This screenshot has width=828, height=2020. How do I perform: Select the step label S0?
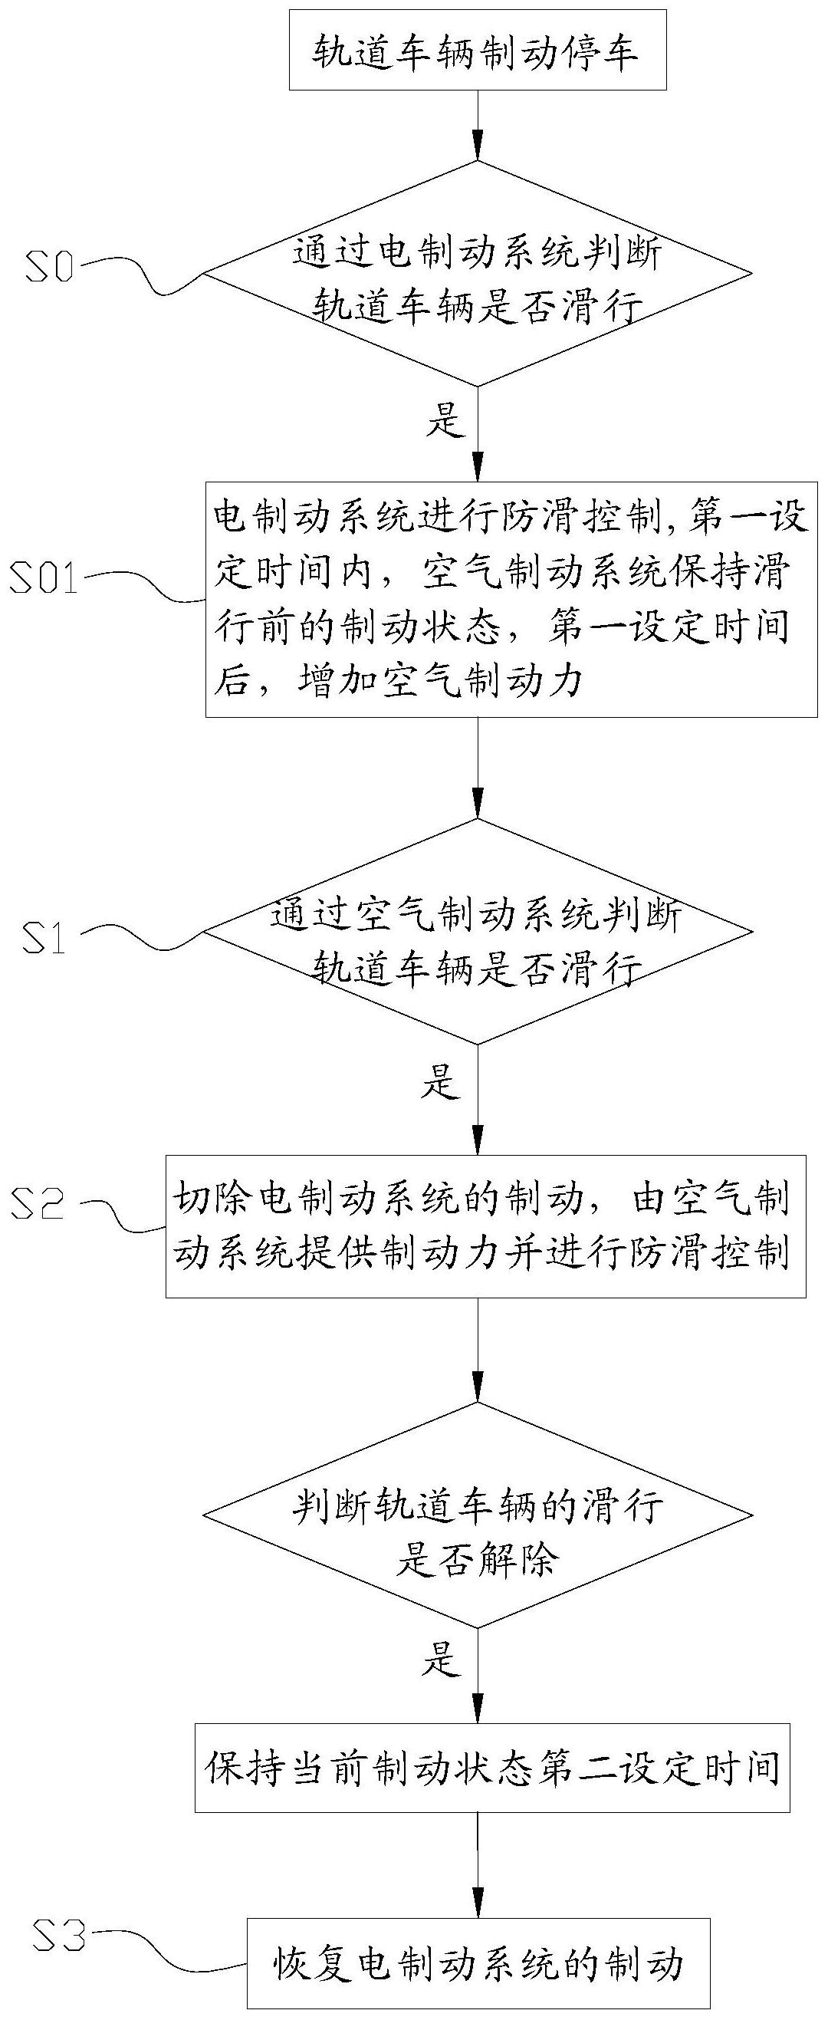(x=49, y=268)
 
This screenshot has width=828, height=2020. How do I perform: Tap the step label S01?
(x=44, y=578)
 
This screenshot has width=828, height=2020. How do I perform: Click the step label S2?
(x=38, y=1203)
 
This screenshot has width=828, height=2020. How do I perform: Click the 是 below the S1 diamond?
(x=441, y=1083)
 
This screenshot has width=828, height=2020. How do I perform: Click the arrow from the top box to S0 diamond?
(x=478, y=126)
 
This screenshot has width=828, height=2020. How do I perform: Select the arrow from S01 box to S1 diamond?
(x=478, y=768)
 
